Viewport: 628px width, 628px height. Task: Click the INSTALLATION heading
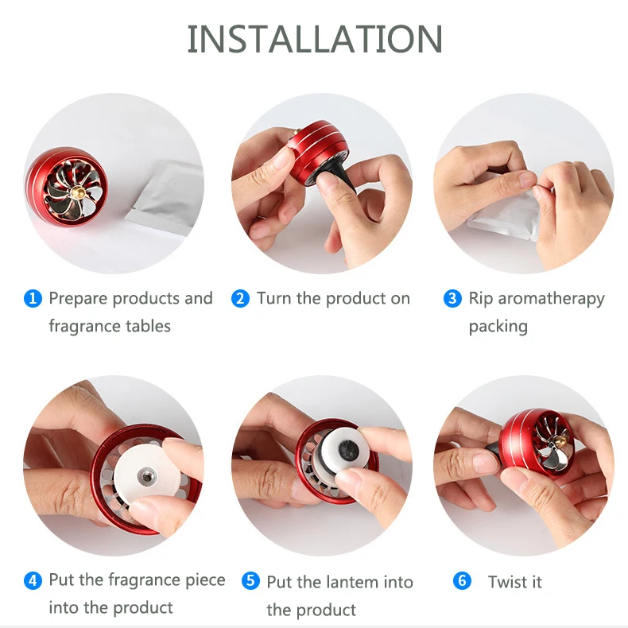click(315, 39)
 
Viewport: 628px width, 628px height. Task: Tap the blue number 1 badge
click(33, 299)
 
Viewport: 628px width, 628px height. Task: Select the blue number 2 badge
click(240, 299)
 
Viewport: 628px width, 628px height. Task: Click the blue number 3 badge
click(452, 299)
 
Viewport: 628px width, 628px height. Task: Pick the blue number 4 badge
click(33, 580)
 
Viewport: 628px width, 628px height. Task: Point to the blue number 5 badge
click(250, 580)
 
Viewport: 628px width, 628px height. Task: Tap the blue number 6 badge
click(462, 580)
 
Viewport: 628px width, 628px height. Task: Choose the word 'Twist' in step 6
click(506, 582)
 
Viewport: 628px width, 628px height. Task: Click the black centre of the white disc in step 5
click(348, 450)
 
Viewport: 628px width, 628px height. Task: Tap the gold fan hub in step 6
click(560, 442)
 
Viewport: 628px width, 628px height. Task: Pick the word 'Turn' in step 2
click(275, 299)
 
